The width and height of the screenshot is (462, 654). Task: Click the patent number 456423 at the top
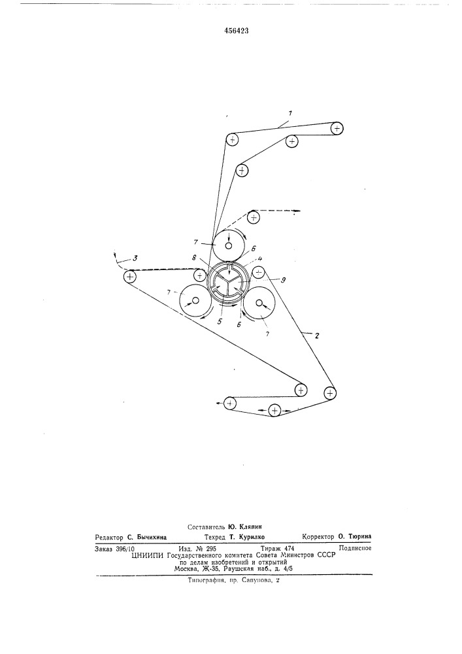(231, 31)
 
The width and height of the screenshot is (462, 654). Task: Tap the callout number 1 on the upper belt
(290, 113)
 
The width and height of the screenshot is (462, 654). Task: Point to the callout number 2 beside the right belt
(318, 335)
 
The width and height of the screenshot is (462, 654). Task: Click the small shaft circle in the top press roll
(228, 245)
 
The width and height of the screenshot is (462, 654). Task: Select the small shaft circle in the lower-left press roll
(195, 300)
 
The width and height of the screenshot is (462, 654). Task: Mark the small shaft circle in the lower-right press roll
(259, 303)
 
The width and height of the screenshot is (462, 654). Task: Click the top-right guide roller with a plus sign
(337, 128)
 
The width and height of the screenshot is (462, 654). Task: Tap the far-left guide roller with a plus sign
(131, 276)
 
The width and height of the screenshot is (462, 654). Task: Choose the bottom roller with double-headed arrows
(274, 411)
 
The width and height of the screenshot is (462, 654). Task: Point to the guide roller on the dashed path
(254, 217)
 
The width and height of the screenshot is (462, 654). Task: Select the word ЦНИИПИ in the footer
(148, 555)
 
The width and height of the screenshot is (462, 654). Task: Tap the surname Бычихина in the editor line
(152, 538)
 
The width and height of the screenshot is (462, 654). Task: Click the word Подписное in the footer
(355, 548)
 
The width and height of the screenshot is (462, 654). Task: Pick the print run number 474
(289, 549)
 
